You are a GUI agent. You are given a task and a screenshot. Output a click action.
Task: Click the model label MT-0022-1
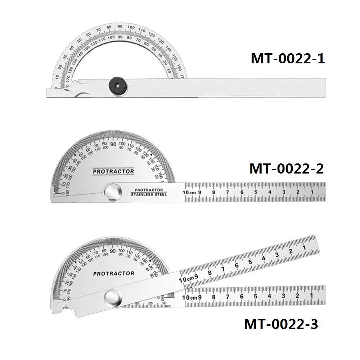tap(288, 58)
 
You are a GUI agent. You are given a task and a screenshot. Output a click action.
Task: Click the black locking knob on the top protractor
tap(117, 86)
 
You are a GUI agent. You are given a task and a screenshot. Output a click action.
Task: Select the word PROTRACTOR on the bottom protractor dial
tap(113, 274)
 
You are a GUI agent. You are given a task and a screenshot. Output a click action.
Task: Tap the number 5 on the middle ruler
tap(256, 192)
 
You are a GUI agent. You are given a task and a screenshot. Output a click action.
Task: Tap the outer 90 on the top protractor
tap(120, 27)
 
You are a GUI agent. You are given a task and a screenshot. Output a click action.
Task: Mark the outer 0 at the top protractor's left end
tap(55, 88)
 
